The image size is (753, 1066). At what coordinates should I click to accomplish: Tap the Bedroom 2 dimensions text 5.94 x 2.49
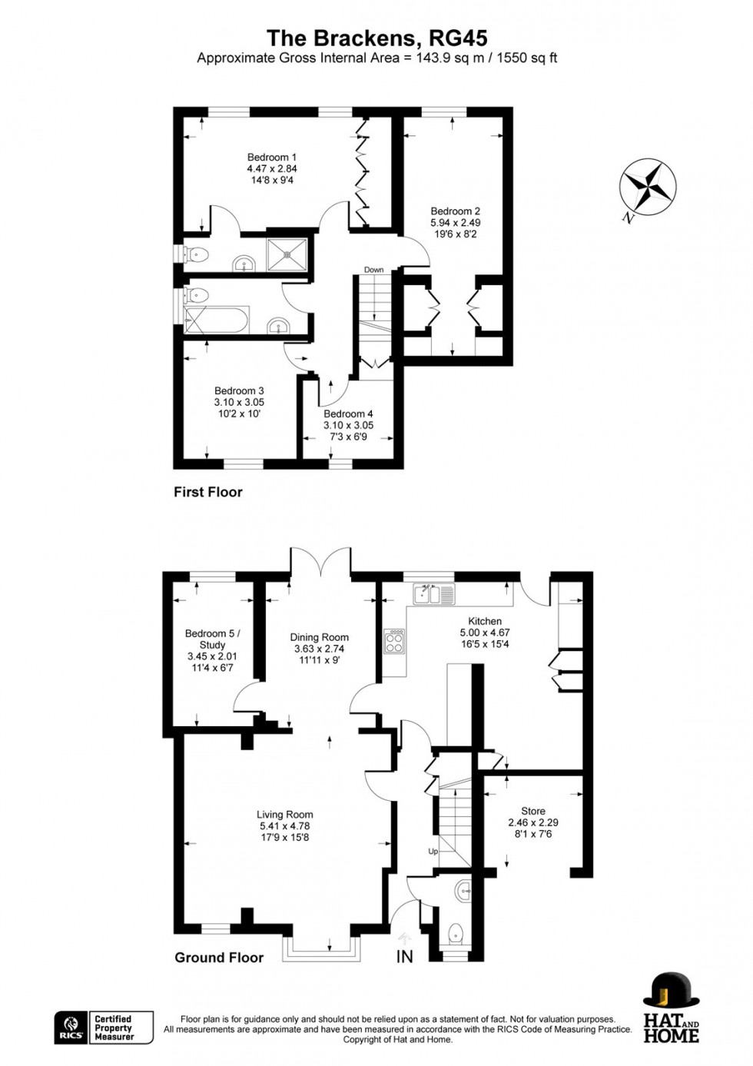point(455,223)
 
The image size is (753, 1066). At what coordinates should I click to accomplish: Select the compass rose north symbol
point(647,186)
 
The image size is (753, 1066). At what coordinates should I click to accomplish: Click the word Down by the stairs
point(373,270)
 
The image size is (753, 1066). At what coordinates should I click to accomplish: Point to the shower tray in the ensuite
point(287,254)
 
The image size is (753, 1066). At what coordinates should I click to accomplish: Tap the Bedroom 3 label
point(239,391)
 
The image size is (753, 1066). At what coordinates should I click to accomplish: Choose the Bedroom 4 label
point(348,414)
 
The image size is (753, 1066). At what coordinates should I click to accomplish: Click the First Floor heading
point(207,492)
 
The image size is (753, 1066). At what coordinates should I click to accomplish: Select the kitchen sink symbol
point(433,593)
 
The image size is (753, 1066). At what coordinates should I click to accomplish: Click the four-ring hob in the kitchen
point(394,642)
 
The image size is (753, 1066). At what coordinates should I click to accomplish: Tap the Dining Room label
point(319,637)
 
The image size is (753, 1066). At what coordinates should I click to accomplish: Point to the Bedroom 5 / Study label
point(212,639)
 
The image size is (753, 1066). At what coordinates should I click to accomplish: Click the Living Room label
point(284,815)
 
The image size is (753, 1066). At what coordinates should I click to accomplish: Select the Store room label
point(532,811)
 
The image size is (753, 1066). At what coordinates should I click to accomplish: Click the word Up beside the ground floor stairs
point(433,852)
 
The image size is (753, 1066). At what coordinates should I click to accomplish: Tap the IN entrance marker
point(404,957)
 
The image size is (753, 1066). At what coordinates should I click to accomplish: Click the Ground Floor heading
point(219,958)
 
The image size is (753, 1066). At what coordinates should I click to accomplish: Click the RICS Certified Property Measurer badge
point(104,1028)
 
